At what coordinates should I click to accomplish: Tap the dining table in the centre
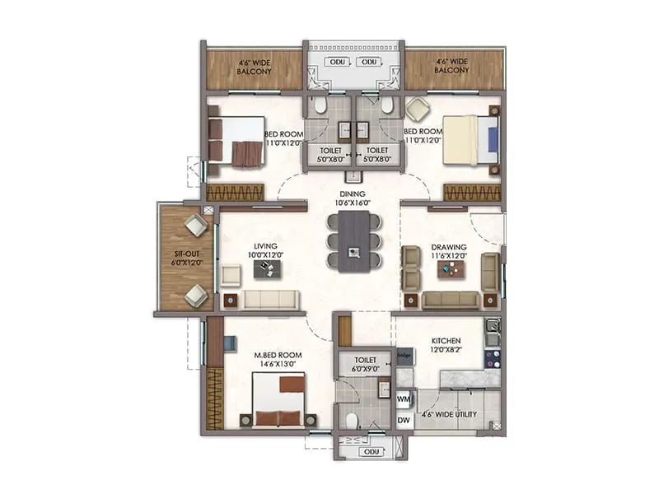click(x=354, y=241)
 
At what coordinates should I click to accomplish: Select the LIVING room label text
click(x=265, y=245)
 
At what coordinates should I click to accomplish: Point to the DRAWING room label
click(x=449, y=246)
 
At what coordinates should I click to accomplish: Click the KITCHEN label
click(x=446, y=341)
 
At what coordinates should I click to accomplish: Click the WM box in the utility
click(x=404, y=399)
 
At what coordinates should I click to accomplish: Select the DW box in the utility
click(x=404, y=420)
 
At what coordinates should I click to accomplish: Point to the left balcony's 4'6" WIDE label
click(x=254, y=62)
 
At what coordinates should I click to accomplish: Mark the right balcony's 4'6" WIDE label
click(x=453, y=62)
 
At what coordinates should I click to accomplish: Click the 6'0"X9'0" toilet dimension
click(x=365, y=369)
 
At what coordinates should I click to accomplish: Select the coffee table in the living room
click(x=266, y=270)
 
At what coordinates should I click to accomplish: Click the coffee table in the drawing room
click(x=450, y=269)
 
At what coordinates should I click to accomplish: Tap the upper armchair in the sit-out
click(x=196, y=225)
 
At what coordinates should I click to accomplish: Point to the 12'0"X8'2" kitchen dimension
click(x=446, y=350)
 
